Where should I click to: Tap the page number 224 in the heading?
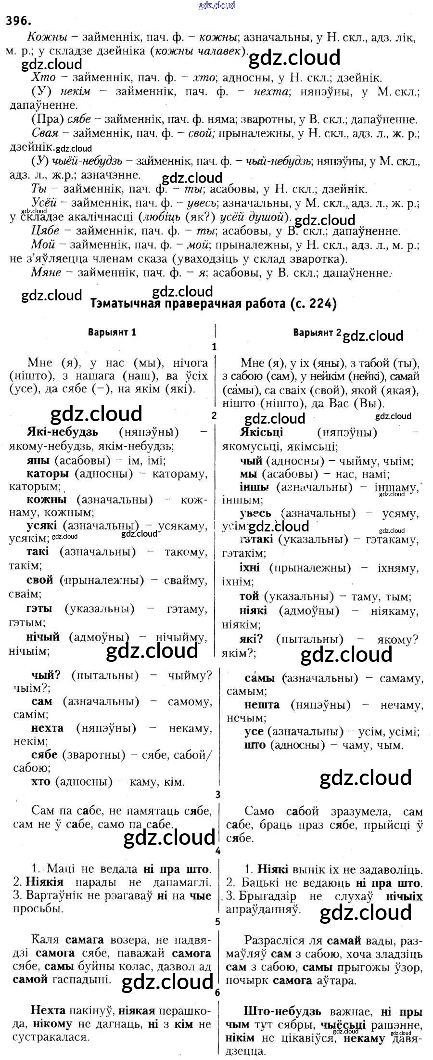pyautogui.click(x=321, y=304)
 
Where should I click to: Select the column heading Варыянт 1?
pyautogui.click(x=112, y=332)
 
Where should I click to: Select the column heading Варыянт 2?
pyautogui.click(x=317, y=332)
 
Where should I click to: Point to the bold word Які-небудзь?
pyautogui.click(x=63, y=431)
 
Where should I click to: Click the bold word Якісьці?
pyautogui.click(x=261, y=432)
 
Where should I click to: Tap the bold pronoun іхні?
pyautogui.click(x=250, y=568)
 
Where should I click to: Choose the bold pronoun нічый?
pyautogui.click(x=43, y=637)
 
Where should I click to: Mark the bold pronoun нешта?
pyautogui.click(x=262, y=705)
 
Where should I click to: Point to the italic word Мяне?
pyautogui.click(x=46, y=272)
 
